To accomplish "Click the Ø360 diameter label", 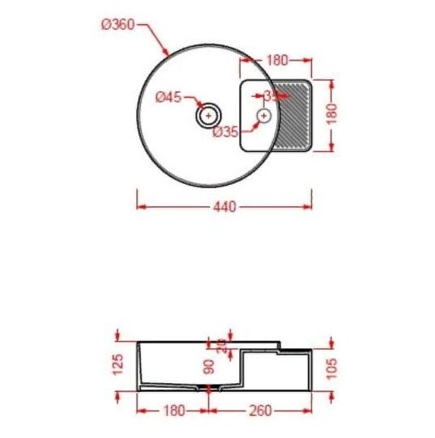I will [x=117, y=24].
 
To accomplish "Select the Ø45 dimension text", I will [x=168, y=98].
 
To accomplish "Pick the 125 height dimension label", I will [x=118, y=365].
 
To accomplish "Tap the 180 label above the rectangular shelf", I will [x=277, y=59].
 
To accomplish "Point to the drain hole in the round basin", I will [x=209, y=116].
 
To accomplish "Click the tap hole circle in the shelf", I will [x=264, y=116].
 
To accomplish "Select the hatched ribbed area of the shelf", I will [x=293, y=115].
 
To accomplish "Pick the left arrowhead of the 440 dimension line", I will [x=139, y=207].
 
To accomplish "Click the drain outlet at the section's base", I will [x=209, y=390].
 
